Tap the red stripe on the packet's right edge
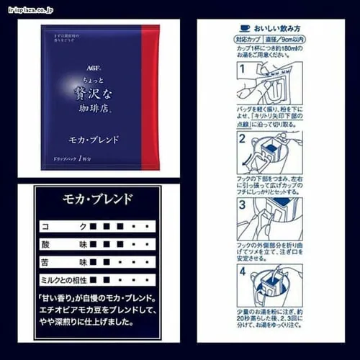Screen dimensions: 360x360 tap(151, 96)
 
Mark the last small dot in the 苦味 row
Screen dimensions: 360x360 tap(147, 261)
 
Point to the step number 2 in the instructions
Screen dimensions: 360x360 tap(242, 139)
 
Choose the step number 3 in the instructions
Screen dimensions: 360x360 tap(242, 204)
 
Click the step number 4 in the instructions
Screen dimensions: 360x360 tap(242, 271)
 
